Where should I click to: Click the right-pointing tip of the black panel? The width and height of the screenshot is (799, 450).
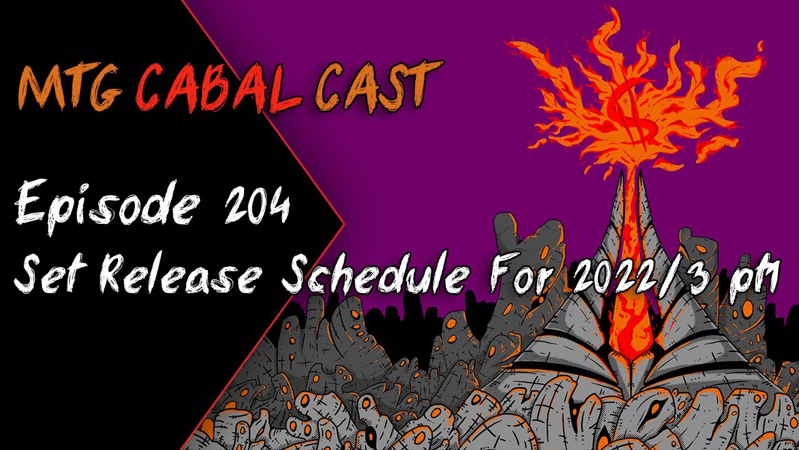(x=343, y=222)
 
